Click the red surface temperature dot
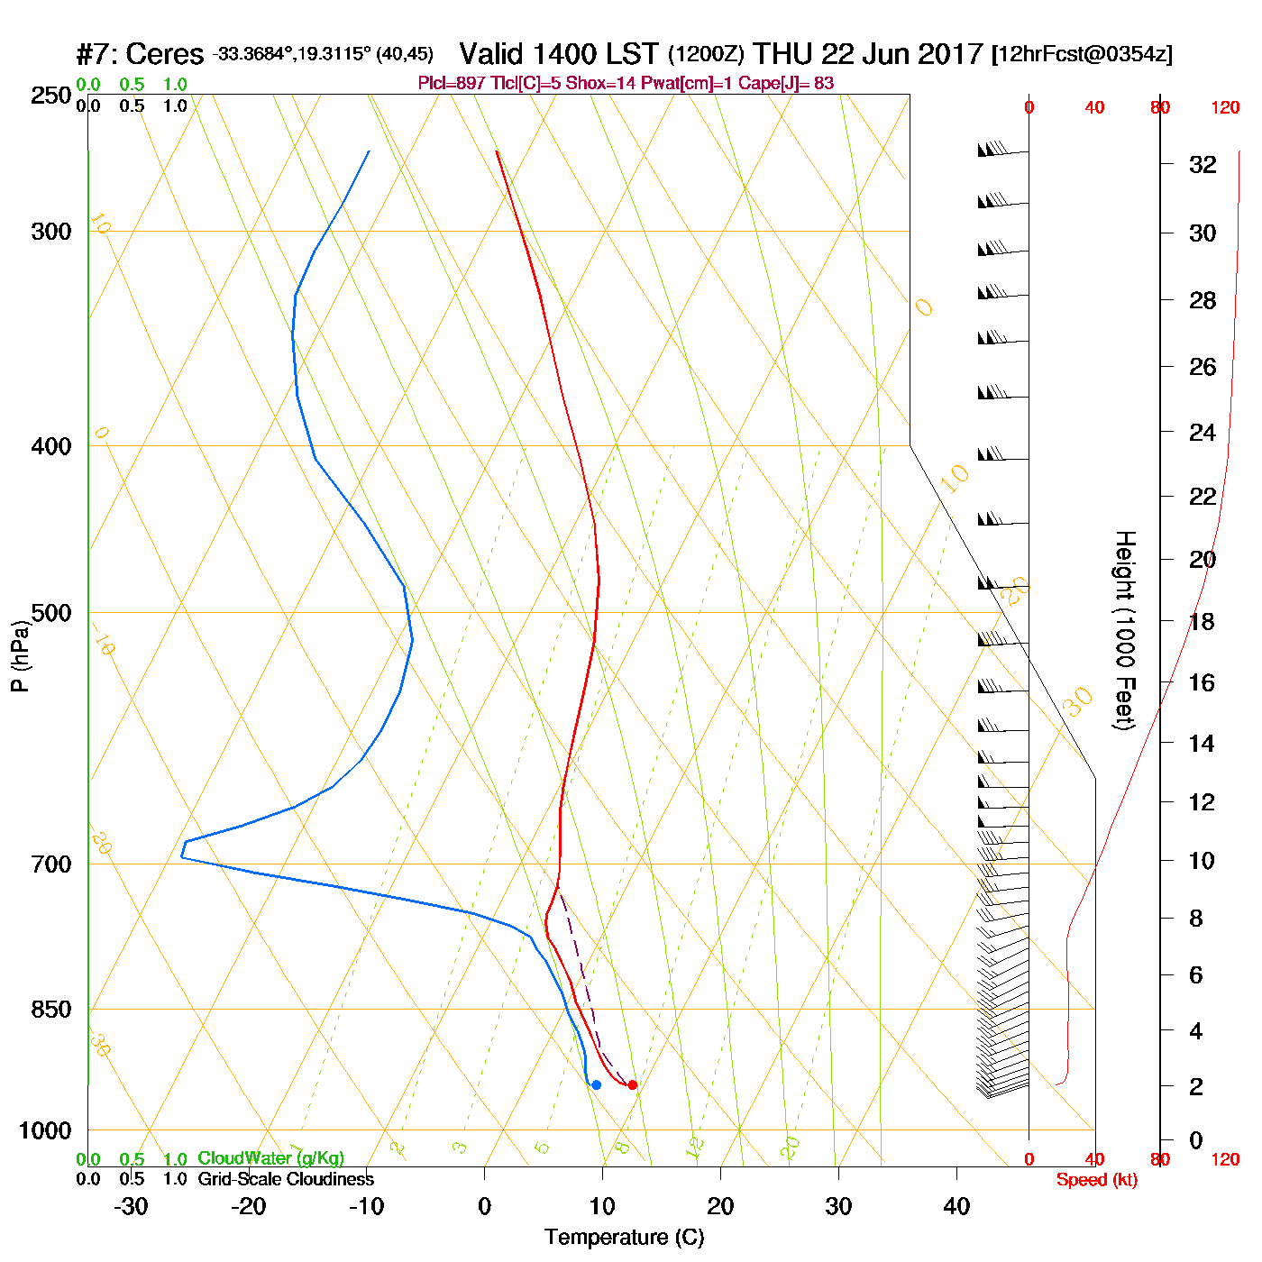632,1084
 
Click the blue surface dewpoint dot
596,1084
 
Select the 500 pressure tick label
51,613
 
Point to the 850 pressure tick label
51,1010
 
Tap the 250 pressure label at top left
51,96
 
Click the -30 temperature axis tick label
131,1206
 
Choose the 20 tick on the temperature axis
720,1206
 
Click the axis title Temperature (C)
624,1238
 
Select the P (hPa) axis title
20,655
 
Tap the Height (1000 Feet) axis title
1124,630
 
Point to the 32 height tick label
1203,164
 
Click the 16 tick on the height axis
1203,682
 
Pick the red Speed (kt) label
1097,1180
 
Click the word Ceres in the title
165,54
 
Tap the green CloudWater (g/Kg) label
270,1158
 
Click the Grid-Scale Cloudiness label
286,1179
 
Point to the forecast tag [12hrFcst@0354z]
1082,54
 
